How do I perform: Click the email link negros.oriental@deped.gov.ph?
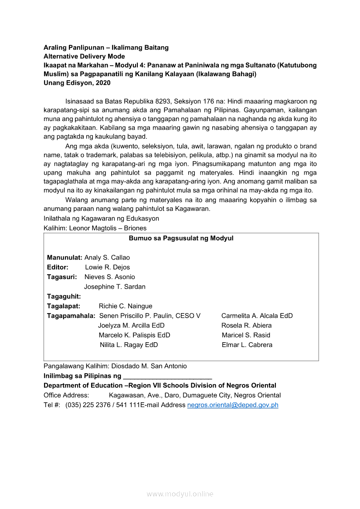[232, 405]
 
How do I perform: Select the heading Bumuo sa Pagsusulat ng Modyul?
[181, 238]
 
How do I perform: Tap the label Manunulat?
[65, 258]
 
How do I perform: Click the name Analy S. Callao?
[107, 258]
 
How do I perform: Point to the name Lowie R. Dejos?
[107, 267]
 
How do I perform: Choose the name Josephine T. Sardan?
[115, 287]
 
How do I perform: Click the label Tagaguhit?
[64, 297]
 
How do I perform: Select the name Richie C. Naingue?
[126, 306]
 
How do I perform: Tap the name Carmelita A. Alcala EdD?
[257, 316]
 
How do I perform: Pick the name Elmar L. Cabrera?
[247, 345]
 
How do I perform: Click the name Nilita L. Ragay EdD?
[129, 345]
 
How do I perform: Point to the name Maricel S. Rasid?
[246, 335]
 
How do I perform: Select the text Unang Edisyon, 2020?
[77, 83]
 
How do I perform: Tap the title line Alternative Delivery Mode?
[84, 57]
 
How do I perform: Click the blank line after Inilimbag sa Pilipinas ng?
[168, 376]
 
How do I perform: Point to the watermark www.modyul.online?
[180, 494]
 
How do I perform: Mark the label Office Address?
[66, 395]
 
